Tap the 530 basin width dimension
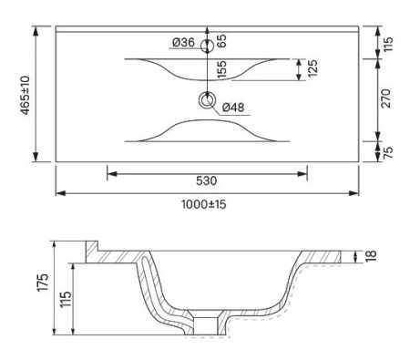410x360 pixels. click(207, 180)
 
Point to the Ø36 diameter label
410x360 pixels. click(183, 42)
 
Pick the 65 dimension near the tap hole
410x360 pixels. click(221, 41)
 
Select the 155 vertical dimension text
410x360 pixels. click(221, 72)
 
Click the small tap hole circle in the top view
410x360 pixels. click(208, 42)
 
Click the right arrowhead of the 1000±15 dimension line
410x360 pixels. click(354, 192)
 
